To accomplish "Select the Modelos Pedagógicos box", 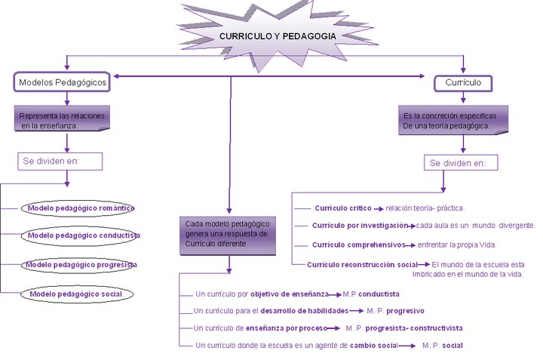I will tap(62, 82).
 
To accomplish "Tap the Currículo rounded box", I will tap(463, 82).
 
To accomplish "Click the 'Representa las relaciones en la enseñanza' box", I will tap(63, 120).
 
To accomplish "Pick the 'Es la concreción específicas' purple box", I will tap(449, 120).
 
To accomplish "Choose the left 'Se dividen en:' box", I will tap(60, 162).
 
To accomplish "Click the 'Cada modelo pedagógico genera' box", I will tap(228, 234).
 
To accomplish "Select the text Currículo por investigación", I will tap(361, 225).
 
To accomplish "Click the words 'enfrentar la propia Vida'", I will tap(458, 245).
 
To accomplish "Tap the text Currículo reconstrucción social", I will tap(362, 264).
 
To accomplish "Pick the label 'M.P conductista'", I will tap(370, 293).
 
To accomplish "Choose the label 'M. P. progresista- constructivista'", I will tap(403, 328).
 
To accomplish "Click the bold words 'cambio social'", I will tap(373, 345).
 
